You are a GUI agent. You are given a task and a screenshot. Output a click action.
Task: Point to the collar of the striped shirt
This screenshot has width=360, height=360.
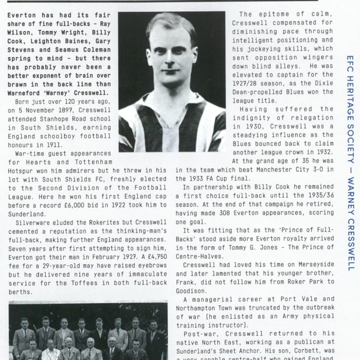pyautogui.click(x=172, y=105)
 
